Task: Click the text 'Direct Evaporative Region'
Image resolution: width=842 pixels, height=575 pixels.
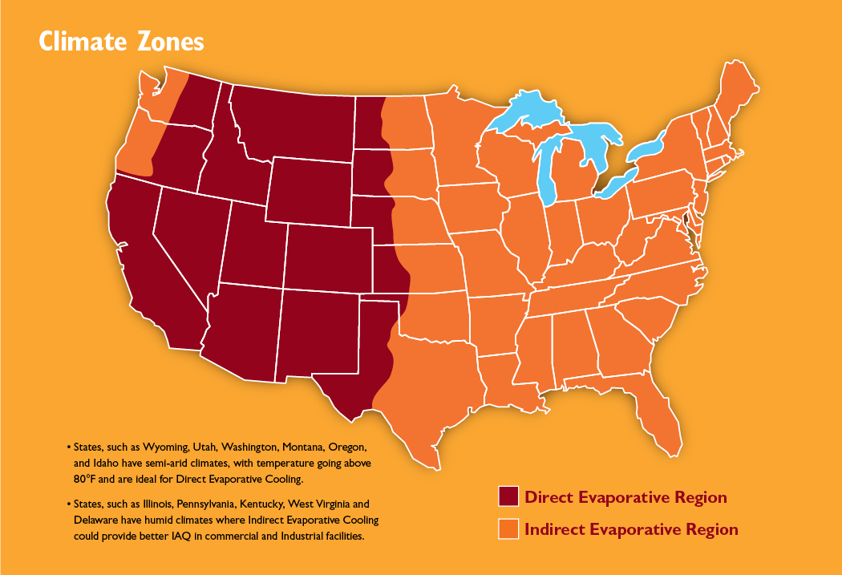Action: click(625, 497)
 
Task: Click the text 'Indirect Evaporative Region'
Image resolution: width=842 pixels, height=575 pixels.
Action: click(631, 529)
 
